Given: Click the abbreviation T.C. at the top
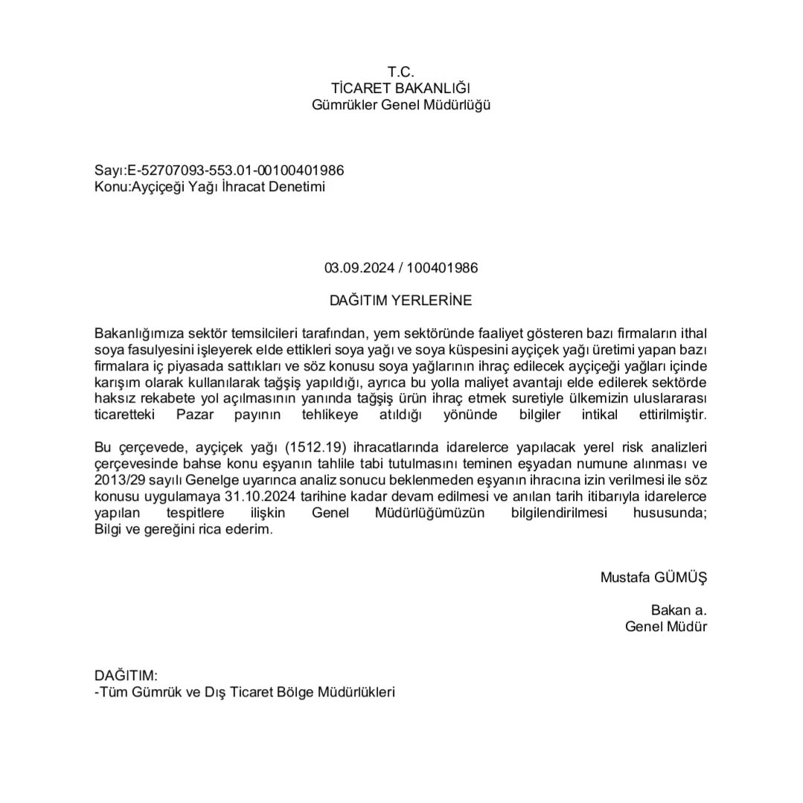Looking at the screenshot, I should tap(400, 71).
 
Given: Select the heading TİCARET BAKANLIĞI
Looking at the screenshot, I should tap(400, 89).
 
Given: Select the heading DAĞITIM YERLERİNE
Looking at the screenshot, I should tap(400, 301).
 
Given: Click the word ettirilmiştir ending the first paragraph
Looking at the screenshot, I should tap(673, 415).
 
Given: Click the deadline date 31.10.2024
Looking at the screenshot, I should tap(262, 496).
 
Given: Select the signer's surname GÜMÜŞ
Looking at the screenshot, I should tap(680, 577).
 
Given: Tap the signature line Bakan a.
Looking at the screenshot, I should tap(679, 610).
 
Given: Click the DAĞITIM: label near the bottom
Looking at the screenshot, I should tap(126, 676).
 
